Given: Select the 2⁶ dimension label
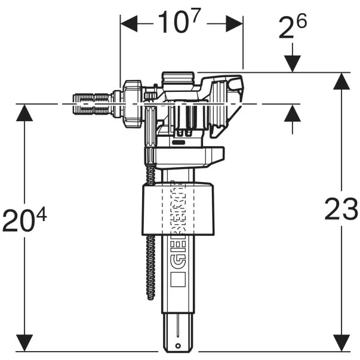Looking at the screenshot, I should pyautogui.click(x=292, y=29).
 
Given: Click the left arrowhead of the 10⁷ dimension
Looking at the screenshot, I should pyautogui.click(x=127, y=24).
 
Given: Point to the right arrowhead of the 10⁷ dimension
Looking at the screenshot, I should pyautogui.click(x=236, y=24).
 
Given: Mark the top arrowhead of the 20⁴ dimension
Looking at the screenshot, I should pyautogui.click(x=24, y=113).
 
